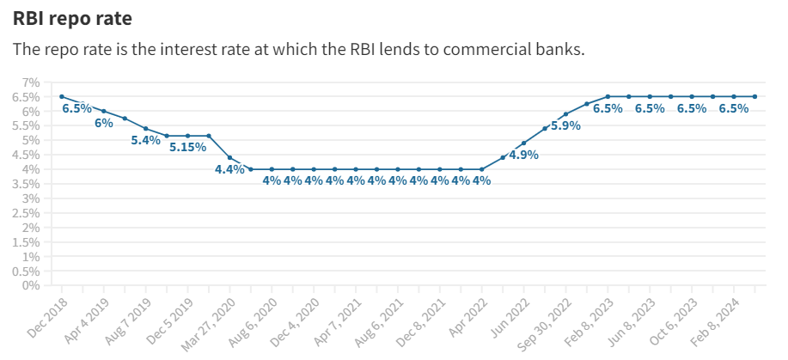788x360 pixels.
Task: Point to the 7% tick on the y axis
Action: pos(31,82)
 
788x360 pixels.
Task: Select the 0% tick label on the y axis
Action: pos(31,285)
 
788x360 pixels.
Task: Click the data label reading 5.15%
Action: pos(187,148)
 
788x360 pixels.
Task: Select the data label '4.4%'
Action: pos(229,169)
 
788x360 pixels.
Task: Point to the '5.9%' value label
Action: pos(565,125)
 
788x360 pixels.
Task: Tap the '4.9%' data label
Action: pos(523,156)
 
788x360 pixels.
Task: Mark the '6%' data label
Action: pos(104,123)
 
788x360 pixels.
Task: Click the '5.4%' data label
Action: pos(145,140)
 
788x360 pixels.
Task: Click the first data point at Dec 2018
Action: pos(62,96)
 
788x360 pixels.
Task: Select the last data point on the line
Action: pos(754,96)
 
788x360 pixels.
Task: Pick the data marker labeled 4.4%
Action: pos(229,157)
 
